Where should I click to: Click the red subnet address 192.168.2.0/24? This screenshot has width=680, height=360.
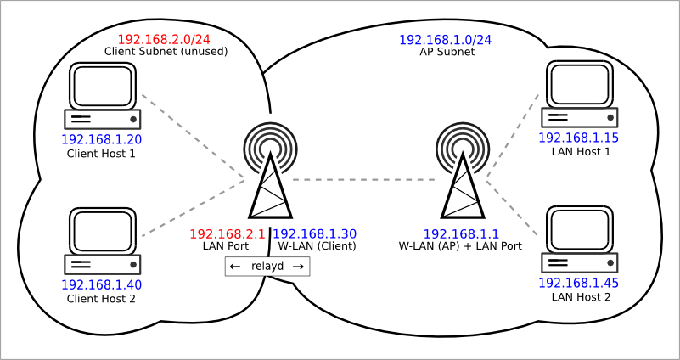(164, 39)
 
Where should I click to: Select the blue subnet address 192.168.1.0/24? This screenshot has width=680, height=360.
(446, 40)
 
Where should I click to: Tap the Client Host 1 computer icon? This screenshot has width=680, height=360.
(102, 96)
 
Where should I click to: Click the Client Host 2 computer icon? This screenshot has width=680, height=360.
(102, 241)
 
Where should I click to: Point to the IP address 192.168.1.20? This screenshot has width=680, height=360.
(101, 139)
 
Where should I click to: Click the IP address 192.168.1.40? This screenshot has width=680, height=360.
(101, 284)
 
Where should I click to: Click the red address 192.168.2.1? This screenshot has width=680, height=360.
(228, 233)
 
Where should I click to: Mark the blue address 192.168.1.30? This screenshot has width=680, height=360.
(315, 233)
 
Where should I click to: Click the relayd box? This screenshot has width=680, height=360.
(267, 267)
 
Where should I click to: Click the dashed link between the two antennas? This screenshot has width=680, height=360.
(365, 180)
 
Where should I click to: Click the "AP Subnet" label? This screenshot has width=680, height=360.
(447, 52)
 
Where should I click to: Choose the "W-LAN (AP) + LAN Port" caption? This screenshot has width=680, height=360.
(459, 246)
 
